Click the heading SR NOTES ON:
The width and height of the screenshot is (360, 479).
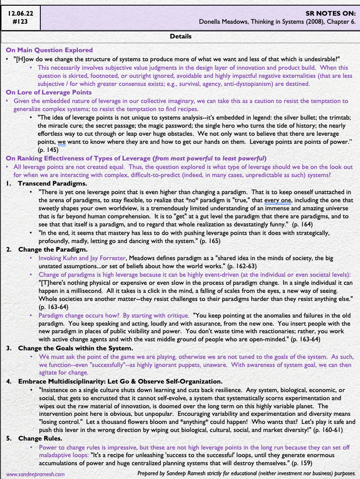point(333,14)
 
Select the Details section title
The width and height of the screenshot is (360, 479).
point(180,37)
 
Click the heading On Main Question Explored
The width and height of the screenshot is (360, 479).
point(49,50)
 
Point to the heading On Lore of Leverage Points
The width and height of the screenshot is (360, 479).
point(49,93)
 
